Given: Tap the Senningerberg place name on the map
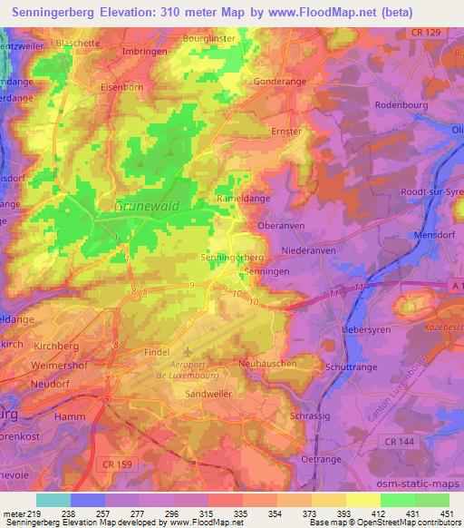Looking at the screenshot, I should click(x=231, y=258).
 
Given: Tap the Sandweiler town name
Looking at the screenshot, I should click(x=209, y=396).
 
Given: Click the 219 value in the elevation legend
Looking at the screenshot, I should click(x=34, y=513).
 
